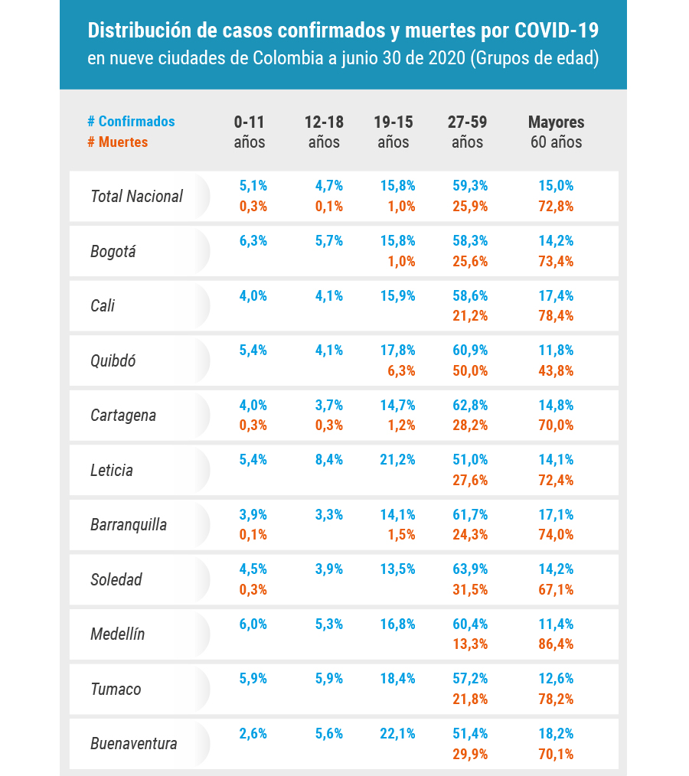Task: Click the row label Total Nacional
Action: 137,196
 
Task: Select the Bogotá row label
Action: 113,251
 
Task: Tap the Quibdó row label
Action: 113,360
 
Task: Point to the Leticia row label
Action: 112,470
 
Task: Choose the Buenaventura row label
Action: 134,743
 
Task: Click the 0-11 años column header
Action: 250,132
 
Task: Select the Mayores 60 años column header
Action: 557,132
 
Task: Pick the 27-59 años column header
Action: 468,132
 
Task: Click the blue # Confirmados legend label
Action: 131,122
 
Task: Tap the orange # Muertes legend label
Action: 118,142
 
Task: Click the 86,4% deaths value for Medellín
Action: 556,644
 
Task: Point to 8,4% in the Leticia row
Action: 329,460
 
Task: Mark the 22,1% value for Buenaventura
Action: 398,733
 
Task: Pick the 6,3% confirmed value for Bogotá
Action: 253,240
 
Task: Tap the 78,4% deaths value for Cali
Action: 556,315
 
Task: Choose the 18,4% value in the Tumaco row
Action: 398,678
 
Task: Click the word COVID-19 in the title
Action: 557,31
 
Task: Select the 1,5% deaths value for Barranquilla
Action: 401,534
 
